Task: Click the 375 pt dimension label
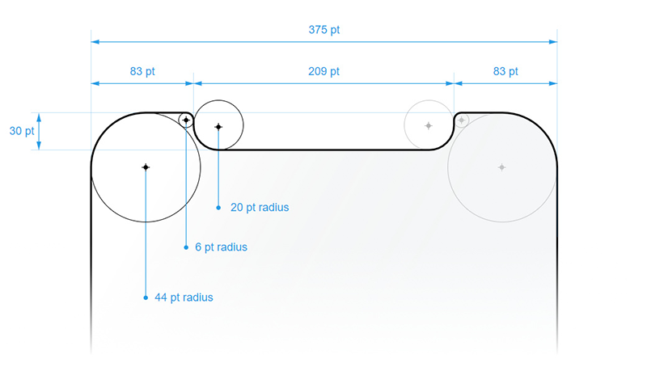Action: pos(324,30)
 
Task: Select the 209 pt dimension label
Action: pos(324,71)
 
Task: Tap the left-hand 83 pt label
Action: pos(142,71)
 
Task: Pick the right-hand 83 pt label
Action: pos(505,71)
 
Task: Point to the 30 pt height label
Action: pos(22,131)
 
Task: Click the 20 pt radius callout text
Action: pos(260,208)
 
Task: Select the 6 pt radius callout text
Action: pos(221,247)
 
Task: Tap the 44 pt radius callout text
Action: pos(184,297)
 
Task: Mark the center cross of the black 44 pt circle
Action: pos(146,167)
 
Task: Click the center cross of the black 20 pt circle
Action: pos(218,127)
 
